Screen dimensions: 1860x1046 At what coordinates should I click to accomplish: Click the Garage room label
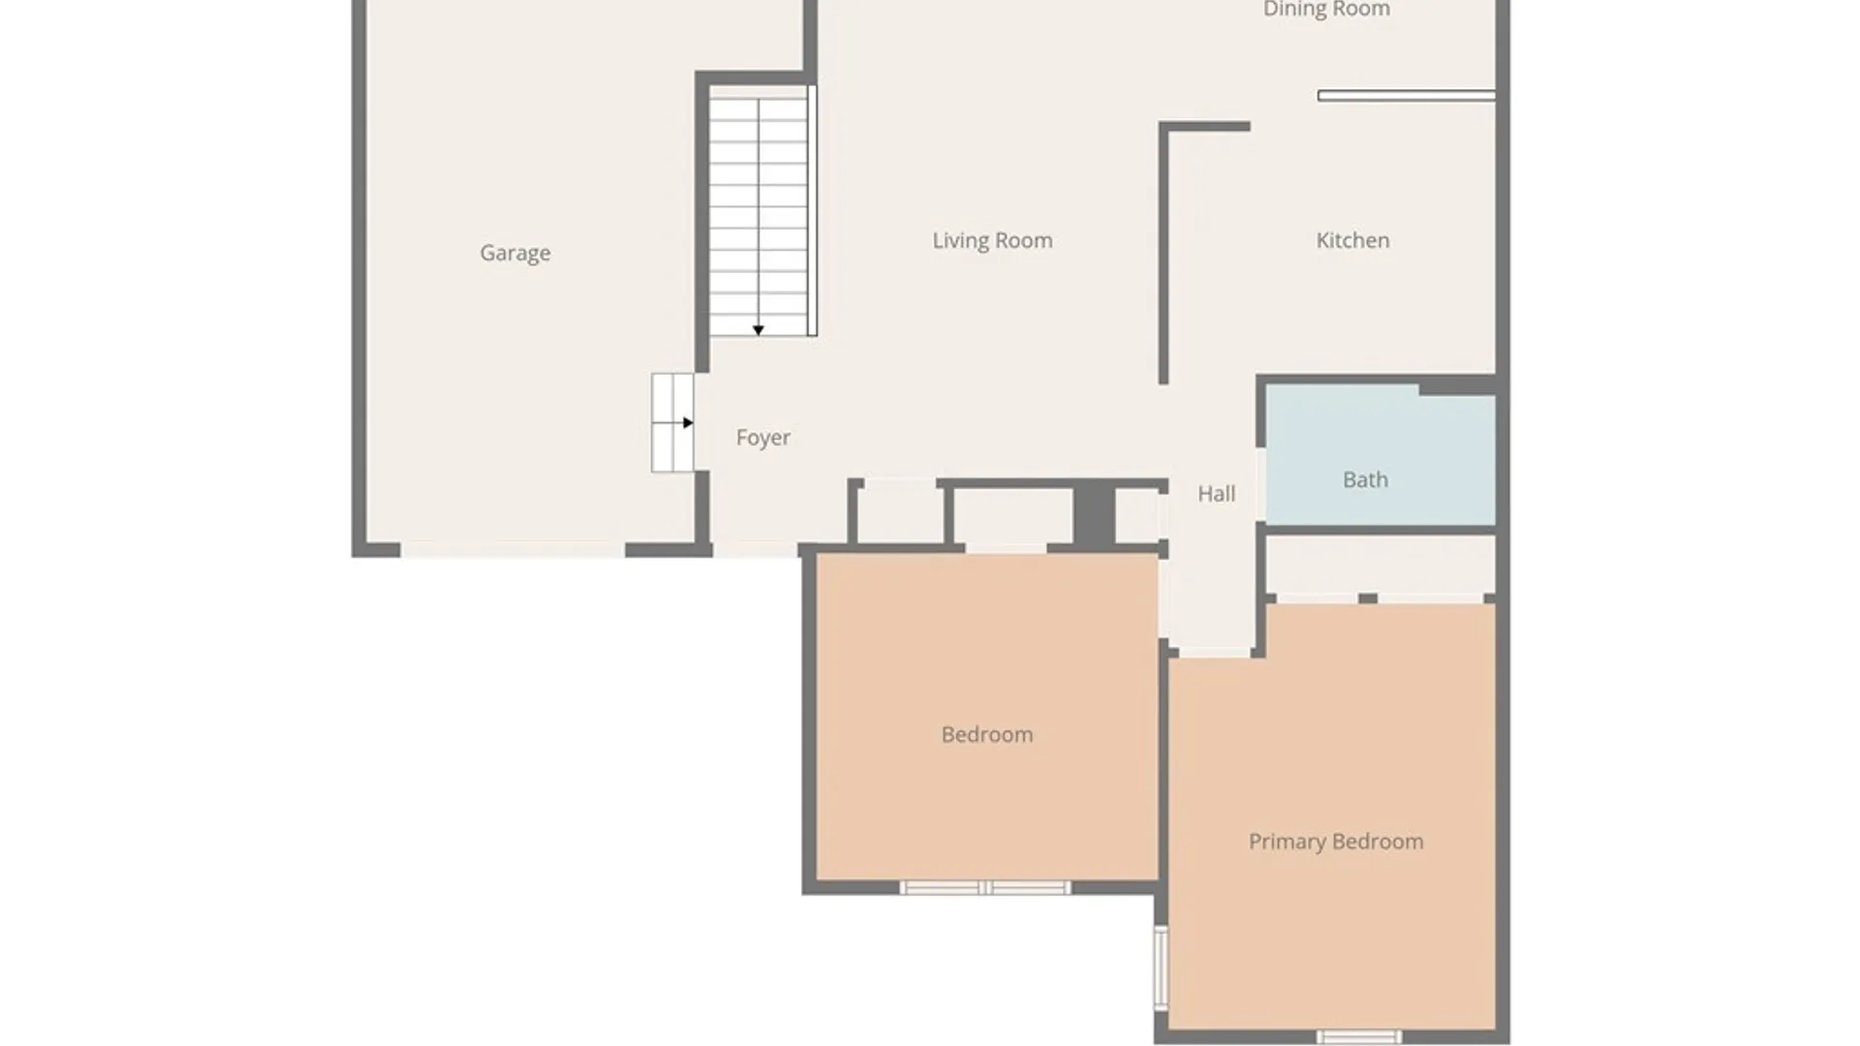point(515,253)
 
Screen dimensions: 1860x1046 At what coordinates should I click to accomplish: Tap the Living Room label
point(992,240)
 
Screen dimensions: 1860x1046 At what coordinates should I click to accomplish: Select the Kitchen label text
point(1352,240)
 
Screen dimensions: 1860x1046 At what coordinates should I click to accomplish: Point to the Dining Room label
point(1326,10)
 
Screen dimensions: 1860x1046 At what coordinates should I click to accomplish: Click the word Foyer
point(763,438)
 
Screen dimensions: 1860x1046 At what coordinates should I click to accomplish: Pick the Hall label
point(1216,494)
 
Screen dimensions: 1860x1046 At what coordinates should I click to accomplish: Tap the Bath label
point(1365,479)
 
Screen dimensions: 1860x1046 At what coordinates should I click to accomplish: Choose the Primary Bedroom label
point(1336,842)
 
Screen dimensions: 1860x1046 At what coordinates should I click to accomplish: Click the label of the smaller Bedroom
point(987,734)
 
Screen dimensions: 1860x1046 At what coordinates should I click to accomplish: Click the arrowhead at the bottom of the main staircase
point(759,330)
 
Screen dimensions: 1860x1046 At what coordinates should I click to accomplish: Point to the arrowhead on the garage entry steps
point(688,423)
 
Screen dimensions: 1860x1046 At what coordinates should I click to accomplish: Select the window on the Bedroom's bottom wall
point(985,888)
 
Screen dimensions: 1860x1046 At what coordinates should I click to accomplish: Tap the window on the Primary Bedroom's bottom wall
point(1359,1037)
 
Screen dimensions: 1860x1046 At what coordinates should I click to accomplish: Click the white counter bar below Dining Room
point(1407,96)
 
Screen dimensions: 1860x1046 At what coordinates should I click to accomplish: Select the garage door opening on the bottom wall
point(512,550)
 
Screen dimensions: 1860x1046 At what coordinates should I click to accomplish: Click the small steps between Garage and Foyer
point(672,423)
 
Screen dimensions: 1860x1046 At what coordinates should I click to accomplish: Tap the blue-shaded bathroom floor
point(1380,455)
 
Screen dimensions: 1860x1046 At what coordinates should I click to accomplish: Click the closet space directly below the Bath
point(1380,566)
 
